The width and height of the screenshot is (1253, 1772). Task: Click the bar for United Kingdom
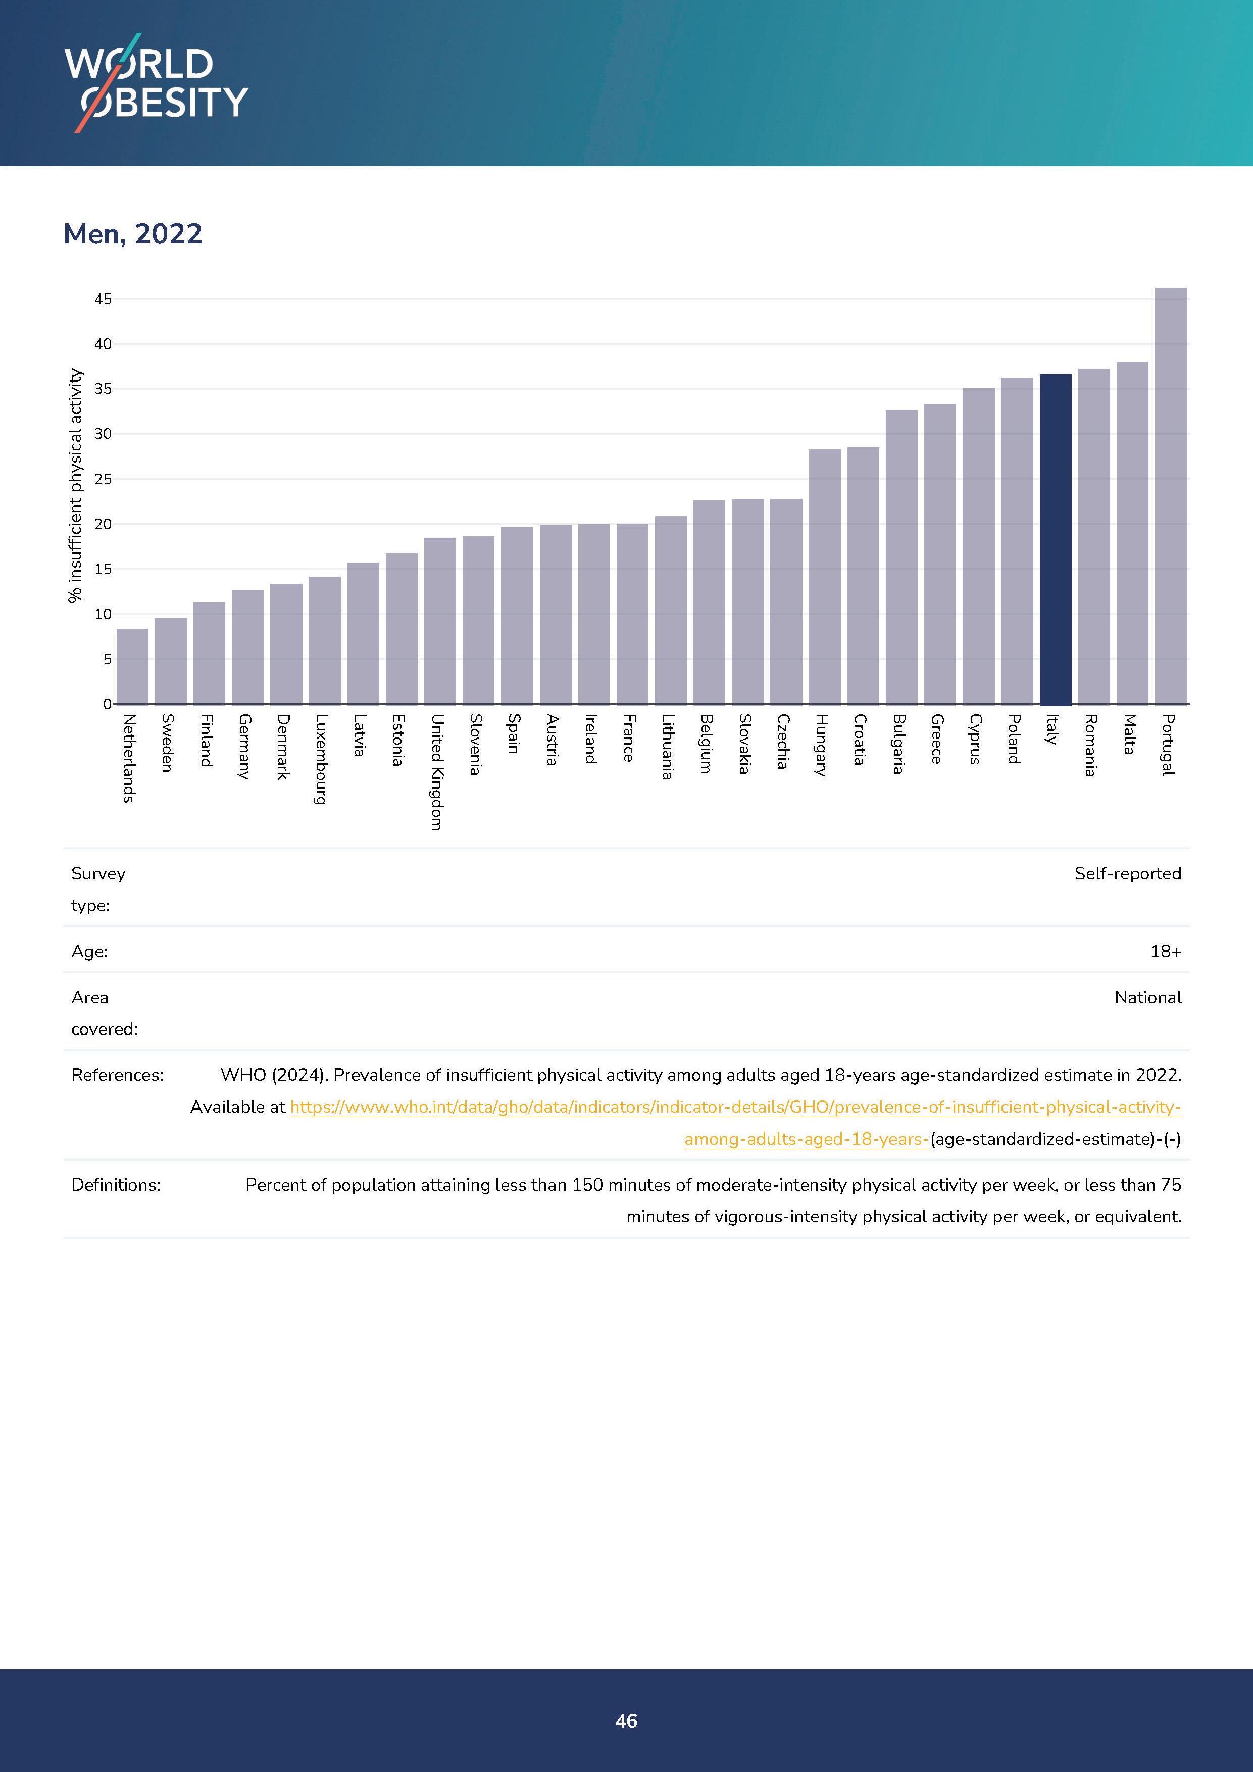tap(440, 621)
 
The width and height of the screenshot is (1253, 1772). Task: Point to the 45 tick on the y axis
tap(103, 300)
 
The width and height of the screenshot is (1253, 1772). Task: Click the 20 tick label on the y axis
tap(103, 525)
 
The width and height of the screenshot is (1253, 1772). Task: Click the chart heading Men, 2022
tap(133, 234)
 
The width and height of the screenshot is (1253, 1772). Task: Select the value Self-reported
tap(1127, 874)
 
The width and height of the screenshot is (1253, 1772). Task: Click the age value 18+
tap(1165, 952)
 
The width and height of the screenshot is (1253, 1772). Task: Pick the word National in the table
tap(1147, 998)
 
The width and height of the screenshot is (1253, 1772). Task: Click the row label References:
tap(117, 1075)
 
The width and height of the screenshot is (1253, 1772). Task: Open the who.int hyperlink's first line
tap(734, 1107)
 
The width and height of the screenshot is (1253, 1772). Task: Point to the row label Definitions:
tap(116, 1185)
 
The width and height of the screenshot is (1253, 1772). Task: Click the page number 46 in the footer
tap(626, 1721)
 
